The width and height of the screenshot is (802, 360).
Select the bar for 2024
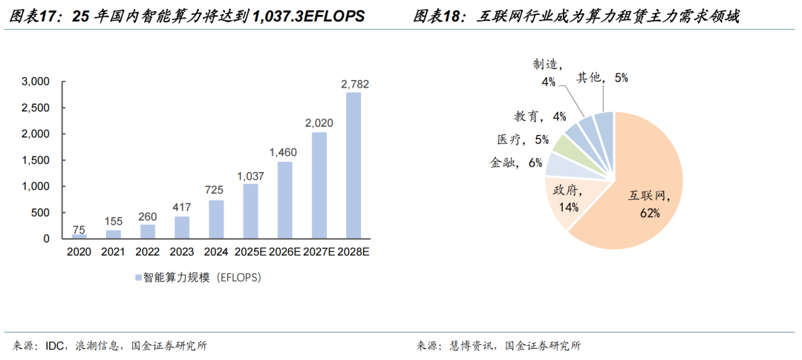[x=216, y=220]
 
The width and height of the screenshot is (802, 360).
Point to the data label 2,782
[x=354, y=84]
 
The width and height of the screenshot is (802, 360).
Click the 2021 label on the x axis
[x=113, y=252]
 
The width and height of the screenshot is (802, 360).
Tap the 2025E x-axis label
[x=251, y=252]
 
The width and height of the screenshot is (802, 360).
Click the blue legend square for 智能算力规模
[x=137, y=278]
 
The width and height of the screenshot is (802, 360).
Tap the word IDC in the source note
[x=56, y=345]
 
